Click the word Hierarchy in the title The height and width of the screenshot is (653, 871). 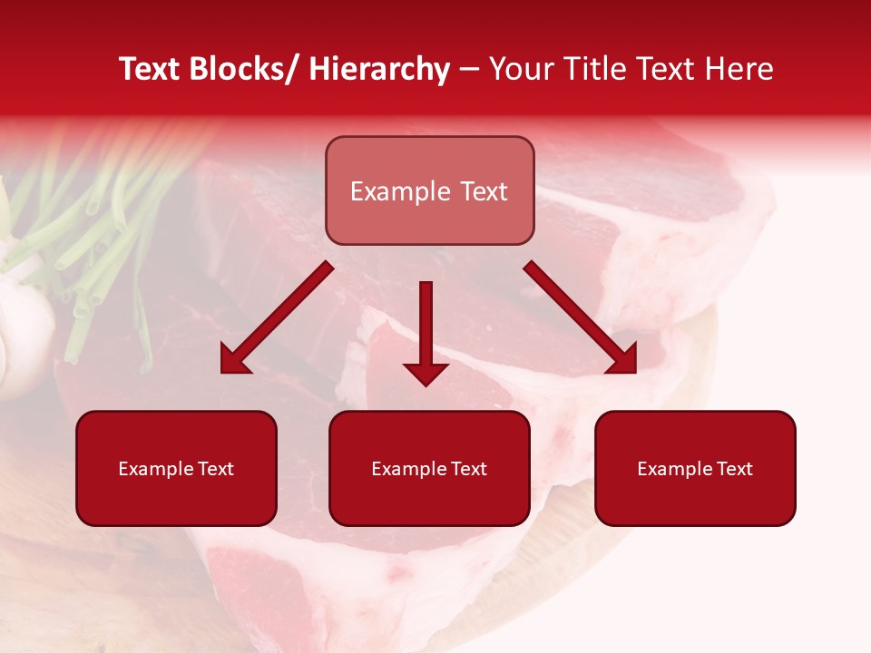379,69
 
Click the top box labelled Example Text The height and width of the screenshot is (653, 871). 429,190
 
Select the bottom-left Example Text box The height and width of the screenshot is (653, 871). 176,468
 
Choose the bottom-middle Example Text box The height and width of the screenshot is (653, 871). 429,468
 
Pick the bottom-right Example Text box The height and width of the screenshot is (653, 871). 695,468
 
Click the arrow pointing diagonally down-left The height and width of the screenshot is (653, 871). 277,317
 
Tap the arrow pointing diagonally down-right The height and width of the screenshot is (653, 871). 581,317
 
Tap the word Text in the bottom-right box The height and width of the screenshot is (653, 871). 733,469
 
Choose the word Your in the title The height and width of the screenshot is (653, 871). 516,69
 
